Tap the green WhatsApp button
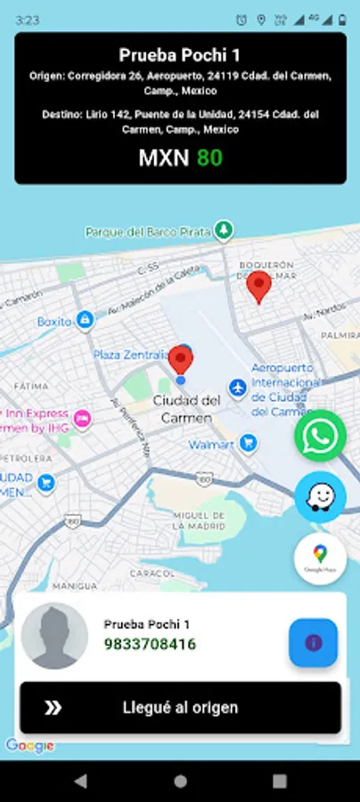320,436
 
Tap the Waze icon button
320,497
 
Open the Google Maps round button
320,559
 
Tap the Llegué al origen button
180,708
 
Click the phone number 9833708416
150,643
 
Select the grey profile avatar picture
54,635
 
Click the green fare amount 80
209,158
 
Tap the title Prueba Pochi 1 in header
180,55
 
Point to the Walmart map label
211,444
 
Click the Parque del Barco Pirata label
148,232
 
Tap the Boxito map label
54,321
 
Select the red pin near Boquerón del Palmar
259,287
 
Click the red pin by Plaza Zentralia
182,361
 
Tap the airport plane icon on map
238,388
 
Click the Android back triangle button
81,781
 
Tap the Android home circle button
180,781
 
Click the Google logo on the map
30,746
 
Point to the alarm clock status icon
241,19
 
